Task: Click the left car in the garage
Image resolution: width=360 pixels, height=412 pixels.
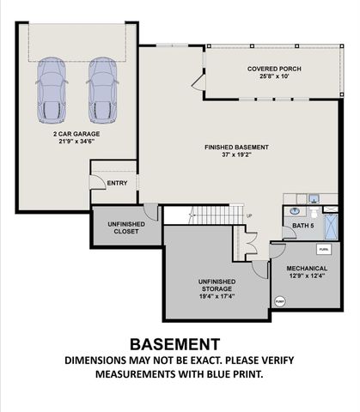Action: coord(50,90)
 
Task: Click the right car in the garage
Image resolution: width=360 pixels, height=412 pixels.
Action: coord(102,90)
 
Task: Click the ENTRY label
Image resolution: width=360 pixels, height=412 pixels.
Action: coord(116,184)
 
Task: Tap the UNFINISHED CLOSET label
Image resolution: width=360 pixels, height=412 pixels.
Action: coord(125,227)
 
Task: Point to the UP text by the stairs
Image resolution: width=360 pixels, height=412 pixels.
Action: coord(249,215)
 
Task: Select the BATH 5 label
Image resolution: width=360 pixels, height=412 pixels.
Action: coord(303,226)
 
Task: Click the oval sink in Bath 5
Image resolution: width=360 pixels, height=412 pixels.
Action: coord(295,209)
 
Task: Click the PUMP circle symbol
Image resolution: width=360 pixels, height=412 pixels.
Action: coord(280,300)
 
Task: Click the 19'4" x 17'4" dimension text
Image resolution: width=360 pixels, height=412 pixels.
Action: coord(217,297)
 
